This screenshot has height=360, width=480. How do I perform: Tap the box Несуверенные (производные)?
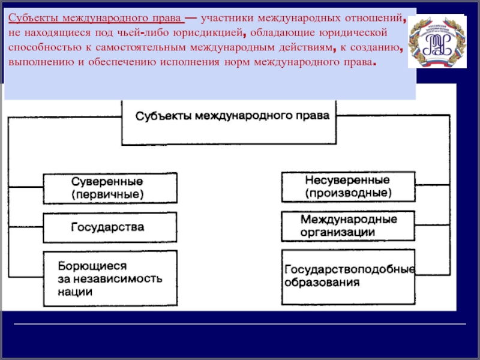[x=348, y=187]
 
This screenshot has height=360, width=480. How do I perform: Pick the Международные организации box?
[x=348, y=226]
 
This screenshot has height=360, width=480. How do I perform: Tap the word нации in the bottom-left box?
[x=76, y=292]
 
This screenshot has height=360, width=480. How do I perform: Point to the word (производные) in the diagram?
[x=348, y=194]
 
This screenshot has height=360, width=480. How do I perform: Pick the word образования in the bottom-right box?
[x=323, y=281]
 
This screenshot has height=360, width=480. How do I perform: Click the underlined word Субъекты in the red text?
[x=30, y=18]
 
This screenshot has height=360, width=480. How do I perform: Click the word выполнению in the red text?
[x=38, y=63]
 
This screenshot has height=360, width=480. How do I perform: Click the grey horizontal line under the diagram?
[x=240, y=325]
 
